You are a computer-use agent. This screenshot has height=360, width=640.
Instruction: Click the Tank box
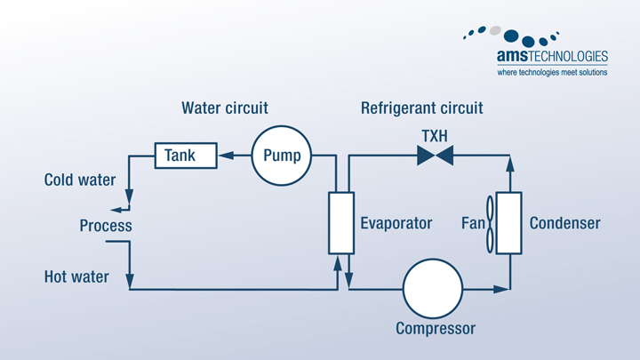pos(187,156)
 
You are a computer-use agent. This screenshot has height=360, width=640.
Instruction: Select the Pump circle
pos(282,156)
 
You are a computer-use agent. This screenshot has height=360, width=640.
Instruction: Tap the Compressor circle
pos(433,290)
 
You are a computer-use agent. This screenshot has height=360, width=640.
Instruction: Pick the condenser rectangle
pos(508,222)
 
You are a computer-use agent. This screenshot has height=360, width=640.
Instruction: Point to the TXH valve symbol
pos(436,156)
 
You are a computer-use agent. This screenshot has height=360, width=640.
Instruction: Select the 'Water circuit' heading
pos(225,108)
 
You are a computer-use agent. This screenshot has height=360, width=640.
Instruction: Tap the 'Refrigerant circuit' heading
pos(422,108)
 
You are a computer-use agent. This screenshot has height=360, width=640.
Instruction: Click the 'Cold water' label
pos(80,180)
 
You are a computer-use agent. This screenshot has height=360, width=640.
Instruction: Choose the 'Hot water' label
pos(76,277)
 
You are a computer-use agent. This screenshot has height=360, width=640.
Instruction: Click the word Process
pos(106,226)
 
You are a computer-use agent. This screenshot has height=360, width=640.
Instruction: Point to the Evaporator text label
pos(396,223)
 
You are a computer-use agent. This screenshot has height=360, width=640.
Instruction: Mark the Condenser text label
pos(564,223)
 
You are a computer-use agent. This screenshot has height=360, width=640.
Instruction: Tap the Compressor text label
pos(436,329)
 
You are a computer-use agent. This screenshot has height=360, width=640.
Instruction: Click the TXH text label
pos(436,136)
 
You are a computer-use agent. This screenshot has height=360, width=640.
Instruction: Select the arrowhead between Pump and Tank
pos(227,156)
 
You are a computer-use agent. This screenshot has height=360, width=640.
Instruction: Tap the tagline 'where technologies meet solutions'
pos(551,73)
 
